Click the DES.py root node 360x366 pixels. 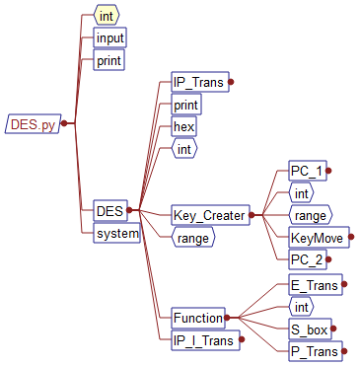[33, 124]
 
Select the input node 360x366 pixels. [109, 38]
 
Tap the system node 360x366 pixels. [116, 234]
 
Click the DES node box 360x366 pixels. [108, 210]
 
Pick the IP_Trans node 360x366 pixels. [198, 82]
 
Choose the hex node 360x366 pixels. [183, 127]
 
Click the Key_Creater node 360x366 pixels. [207, 214]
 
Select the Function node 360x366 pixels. [197, 318]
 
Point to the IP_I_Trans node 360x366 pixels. [202, 340]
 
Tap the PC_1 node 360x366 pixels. [306, 171]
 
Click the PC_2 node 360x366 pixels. [306, 259]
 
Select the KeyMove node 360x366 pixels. [318, 237]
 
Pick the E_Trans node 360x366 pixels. [315, 285]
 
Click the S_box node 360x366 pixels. [310, 329]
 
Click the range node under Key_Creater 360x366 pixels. [310, 214]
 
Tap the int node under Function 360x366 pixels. [302, 307]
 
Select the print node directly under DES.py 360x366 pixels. [108, 61]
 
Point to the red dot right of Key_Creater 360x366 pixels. [252, 214]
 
